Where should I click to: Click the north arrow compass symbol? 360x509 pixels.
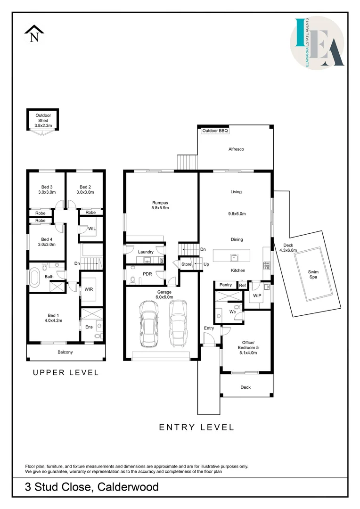[x=34, y=34]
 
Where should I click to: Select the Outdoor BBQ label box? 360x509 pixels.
[x=215, y=131]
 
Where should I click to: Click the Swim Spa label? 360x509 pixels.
[x=313, y=274]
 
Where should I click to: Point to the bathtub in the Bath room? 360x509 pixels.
[x=34, y=276]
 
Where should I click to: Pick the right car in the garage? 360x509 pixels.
[x=178, y=323]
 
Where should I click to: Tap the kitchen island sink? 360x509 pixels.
[x=234, y=258]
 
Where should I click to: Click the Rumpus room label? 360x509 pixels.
[x=160, y=205]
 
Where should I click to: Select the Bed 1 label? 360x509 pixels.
[x=53, y=318]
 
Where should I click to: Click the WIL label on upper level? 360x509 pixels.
[x=92, y=229]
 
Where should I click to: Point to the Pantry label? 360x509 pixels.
[x=226, y=285]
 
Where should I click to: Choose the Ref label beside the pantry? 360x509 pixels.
[x=243, y=285]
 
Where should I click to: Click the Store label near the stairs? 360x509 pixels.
[x=186, y=264]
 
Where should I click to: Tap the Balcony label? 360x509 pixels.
[x=65, y=352]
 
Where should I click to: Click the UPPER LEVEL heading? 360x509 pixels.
[x=65, y=373]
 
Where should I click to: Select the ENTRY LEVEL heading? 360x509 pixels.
[x=196, y=427]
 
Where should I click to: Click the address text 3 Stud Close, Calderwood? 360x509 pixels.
[x=92, y=487]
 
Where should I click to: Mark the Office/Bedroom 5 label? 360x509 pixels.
[x=248, y=348]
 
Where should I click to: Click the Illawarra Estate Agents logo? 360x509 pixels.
[x=317, y=43]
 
